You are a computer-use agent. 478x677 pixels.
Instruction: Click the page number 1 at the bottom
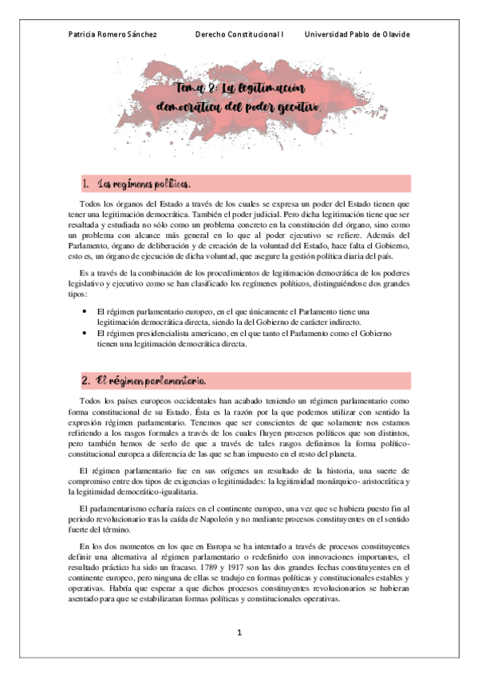click(239, 632)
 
